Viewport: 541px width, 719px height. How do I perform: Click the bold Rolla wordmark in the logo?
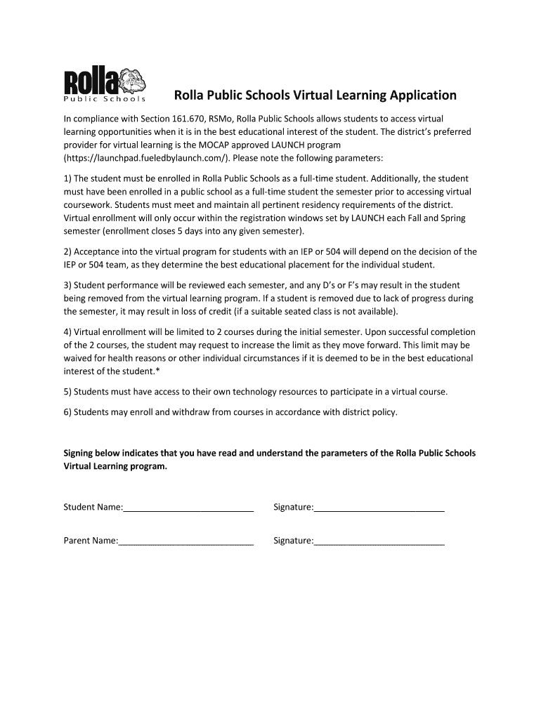pos(91,81)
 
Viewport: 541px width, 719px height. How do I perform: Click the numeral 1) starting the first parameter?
pos(67,178)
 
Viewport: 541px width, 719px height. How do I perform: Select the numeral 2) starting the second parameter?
pos(67,251)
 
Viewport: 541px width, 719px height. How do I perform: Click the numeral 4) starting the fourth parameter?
pos(67,331)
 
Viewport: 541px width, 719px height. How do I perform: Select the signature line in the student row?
pos(379,507)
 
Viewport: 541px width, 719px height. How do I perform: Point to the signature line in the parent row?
pos(379,541)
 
